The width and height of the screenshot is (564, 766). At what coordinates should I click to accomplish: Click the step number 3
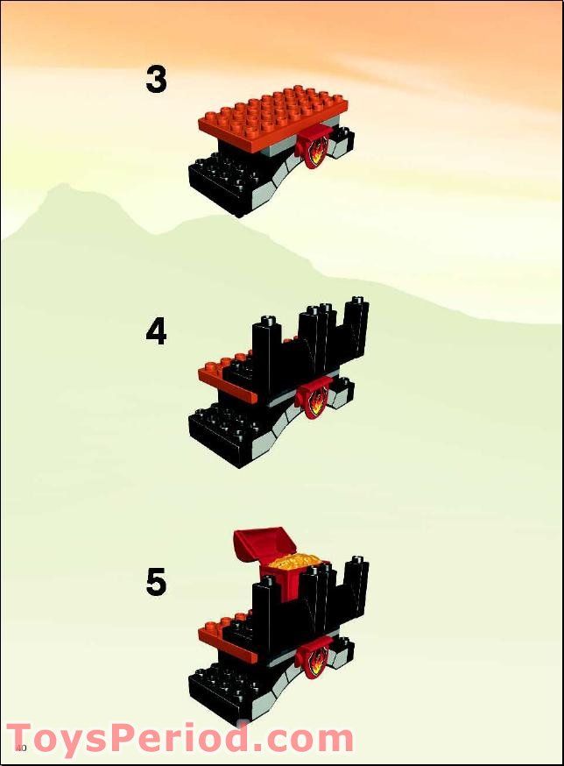[156, 80]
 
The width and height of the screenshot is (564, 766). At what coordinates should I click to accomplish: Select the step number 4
[156, 332]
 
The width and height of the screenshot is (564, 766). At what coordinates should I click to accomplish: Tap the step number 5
[156, 583]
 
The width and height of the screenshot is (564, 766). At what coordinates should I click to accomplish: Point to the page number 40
[21, 748]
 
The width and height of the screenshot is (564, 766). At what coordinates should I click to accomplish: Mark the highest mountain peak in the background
[61, 186]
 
